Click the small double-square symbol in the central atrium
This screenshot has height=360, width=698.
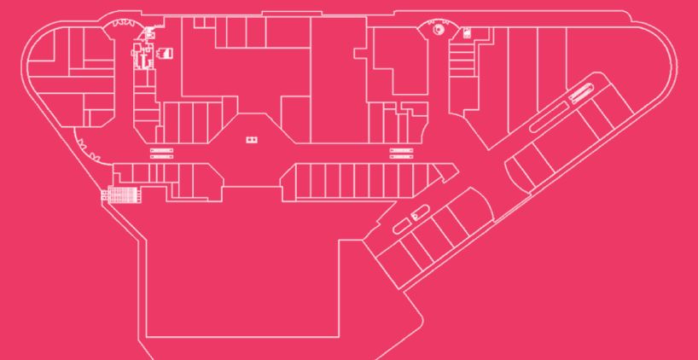coord(251,139)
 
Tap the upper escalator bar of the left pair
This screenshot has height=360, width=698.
coord(162,150)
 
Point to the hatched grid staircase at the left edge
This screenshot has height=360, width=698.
coord(120,195)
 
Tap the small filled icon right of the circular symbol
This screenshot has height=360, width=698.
coord(467,32)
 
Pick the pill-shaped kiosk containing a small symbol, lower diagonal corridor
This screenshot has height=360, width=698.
coord(416,216)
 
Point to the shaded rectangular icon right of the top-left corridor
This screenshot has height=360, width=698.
coord(167,54)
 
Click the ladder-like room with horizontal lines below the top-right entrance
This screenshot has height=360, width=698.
coord(461,60)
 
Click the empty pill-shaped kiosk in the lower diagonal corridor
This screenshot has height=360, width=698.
coord(399,226)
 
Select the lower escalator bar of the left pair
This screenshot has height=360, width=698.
coord(162,157)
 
